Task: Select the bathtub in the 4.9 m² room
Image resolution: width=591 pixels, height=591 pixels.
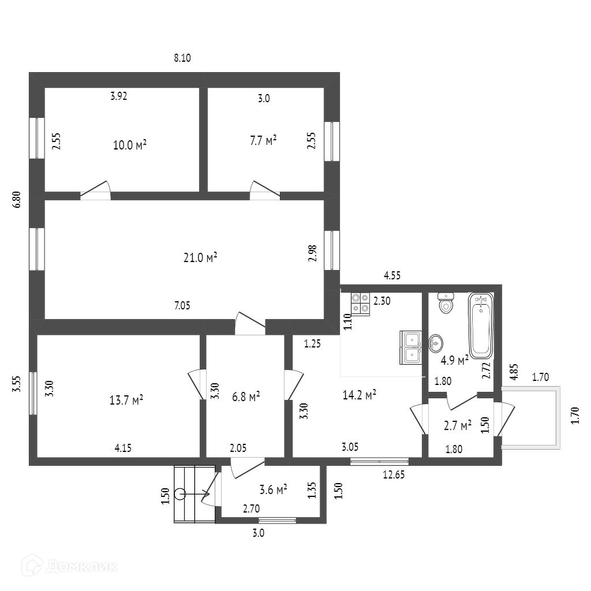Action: pyautogui.click(x=481, y=326)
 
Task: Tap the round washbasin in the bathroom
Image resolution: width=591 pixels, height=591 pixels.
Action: pyautogui.click(x=436, y=343)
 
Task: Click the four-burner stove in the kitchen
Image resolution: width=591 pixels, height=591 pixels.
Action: pyautogui.click(x=361, y=304)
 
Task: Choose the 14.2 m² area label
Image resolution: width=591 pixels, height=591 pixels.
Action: pyautogui.click(x=360, y=395)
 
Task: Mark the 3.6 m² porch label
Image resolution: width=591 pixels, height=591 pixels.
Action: pyautogui.click(x=274, y=491)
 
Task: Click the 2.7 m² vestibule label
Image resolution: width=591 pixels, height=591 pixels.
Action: pyautogui.click(x=458, y=426)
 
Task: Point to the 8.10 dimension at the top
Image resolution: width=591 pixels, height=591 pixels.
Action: pyautogui.click(x=182, y=58)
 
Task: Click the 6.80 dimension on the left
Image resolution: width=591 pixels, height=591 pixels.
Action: pyautogui.click(x=17, y=199)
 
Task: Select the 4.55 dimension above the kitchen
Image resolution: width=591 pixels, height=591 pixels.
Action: pyautogui.click(x=392, y=276)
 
